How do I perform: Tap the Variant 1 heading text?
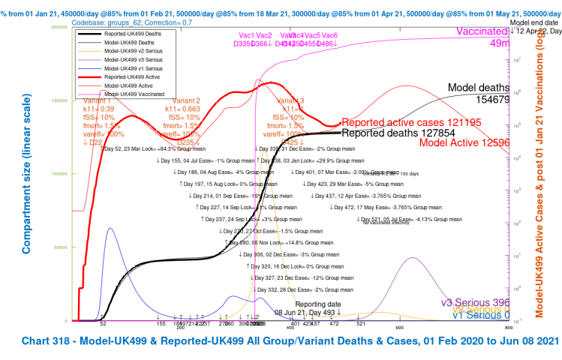coord(98,100)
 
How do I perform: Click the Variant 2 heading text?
coord(186,100)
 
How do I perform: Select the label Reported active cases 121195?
coord(413,122)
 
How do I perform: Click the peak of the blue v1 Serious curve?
coord(110,227)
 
